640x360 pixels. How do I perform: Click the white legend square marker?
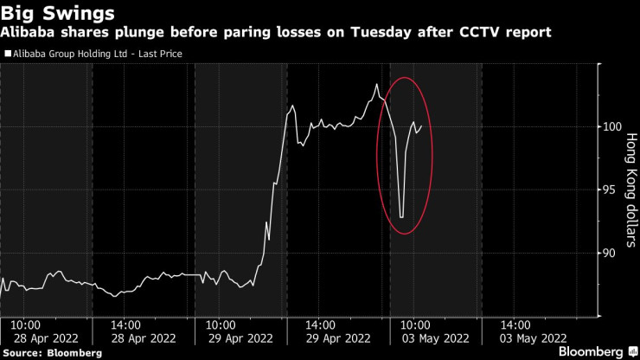click(x=9, y=54)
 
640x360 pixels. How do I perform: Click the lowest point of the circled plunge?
click(x=402, y=217)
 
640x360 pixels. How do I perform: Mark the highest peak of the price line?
click(x=377, y=84)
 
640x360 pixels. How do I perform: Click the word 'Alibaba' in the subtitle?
click(x=28, y=32)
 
